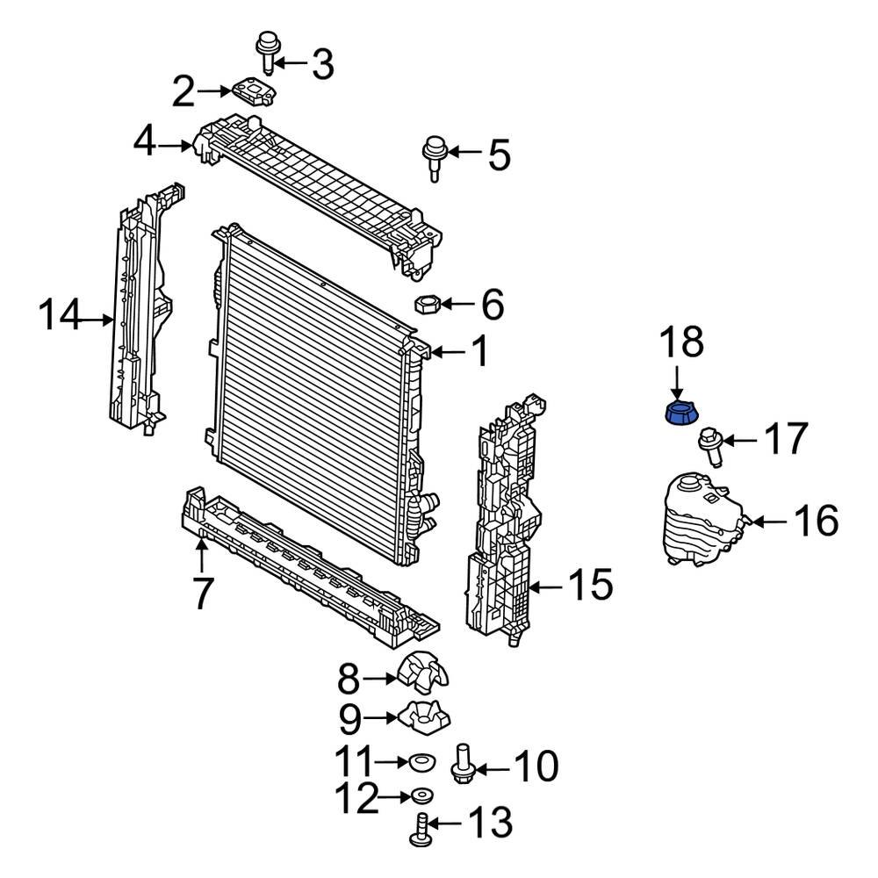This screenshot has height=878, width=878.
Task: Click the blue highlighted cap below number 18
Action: point(678,412)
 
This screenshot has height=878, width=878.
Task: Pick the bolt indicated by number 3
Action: point(266,51)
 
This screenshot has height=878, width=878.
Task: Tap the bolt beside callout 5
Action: point(433,155)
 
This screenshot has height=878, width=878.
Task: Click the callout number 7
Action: point(202,594)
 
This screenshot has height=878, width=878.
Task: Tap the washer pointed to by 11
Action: point(422,761)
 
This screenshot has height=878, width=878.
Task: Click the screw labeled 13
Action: point(421,830)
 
